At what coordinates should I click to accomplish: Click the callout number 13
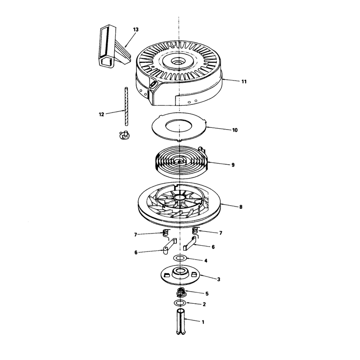(136, 30)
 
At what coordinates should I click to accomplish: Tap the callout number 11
(244, 81)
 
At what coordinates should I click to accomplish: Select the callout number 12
(102, 114)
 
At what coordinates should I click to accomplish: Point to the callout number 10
(235, 130)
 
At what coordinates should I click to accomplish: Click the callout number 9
(233, 165)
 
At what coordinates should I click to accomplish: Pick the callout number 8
(241, 207)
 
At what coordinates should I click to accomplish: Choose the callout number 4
(206, 261)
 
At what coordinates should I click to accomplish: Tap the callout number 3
(219, 279)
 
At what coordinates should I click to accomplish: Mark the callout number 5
(207, 294)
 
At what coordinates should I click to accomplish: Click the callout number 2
(204, 305)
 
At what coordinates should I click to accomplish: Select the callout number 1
(203, 322)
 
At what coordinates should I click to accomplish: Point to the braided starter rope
(126, 106)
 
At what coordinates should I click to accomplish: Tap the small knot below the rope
(125, 135)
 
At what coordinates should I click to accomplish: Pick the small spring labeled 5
(181, 292)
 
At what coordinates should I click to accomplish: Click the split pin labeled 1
(181, 322)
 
